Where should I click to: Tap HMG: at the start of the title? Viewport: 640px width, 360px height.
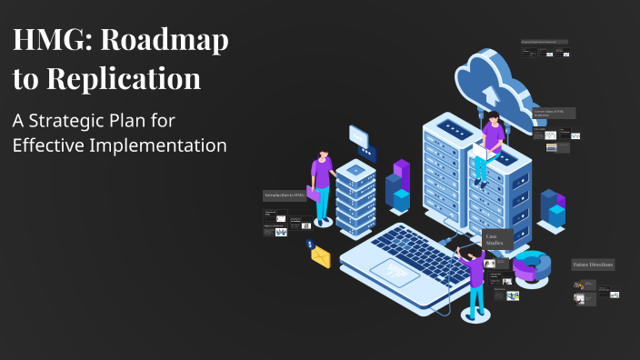point(48,42)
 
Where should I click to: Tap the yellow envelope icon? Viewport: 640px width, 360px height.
point(320,257)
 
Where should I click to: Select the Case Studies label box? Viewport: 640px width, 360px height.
point(496,239)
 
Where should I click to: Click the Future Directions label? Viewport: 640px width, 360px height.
point(593,265)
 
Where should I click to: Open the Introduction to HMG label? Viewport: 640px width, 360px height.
point(285,195)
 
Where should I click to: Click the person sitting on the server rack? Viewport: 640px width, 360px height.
point(490,145)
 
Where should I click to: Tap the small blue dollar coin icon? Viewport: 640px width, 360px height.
point(310,245)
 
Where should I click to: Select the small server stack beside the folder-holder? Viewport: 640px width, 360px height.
point(355,196)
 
